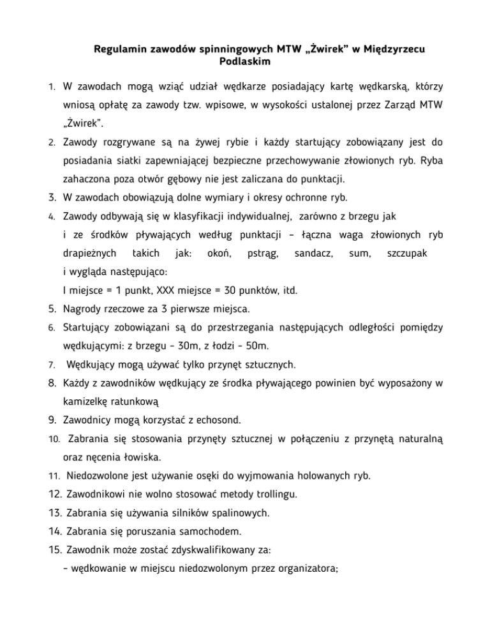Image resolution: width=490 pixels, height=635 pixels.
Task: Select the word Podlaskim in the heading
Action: (x=245, y=62)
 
